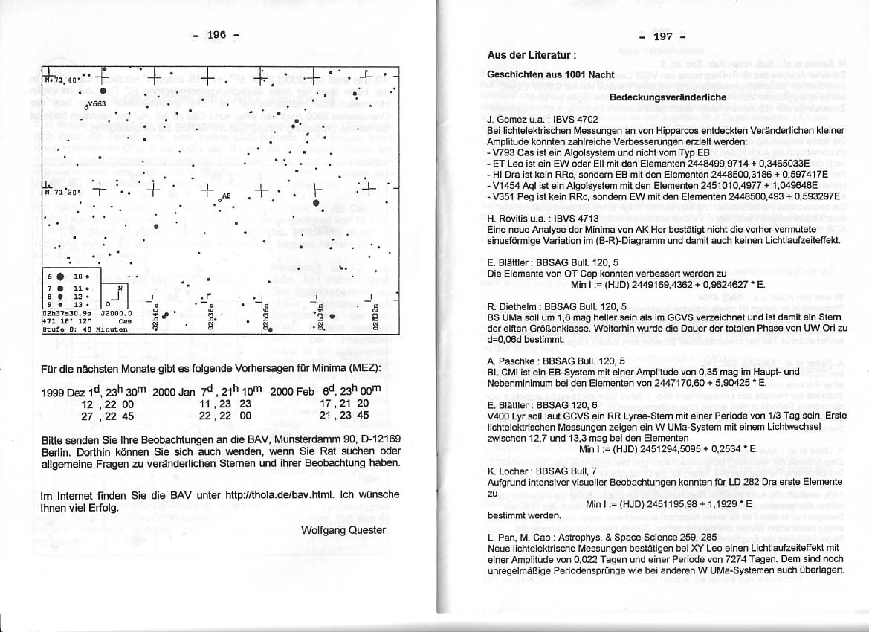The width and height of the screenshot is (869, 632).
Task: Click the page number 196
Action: [216, 35]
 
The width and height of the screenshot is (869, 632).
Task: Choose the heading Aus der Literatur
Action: [532, 55]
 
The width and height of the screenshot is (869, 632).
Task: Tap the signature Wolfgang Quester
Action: [343, 530]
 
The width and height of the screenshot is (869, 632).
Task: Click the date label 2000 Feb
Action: [291, 392]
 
